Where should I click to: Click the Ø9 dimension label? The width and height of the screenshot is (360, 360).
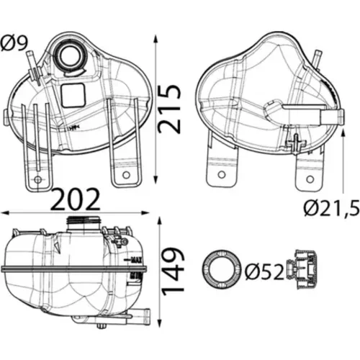click(14, 42)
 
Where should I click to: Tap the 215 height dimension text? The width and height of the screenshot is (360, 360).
click(169, 109)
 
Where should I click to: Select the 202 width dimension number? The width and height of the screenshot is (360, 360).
click(76, 199)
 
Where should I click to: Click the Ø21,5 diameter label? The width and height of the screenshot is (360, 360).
click(332, 208)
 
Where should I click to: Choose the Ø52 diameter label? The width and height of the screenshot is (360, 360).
click(264, 271)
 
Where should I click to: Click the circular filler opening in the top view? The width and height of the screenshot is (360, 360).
click(70, 57)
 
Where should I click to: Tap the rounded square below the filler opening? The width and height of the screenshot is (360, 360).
click(73, 95)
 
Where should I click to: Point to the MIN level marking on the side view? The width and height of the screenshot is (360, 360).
click(136, 276)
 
